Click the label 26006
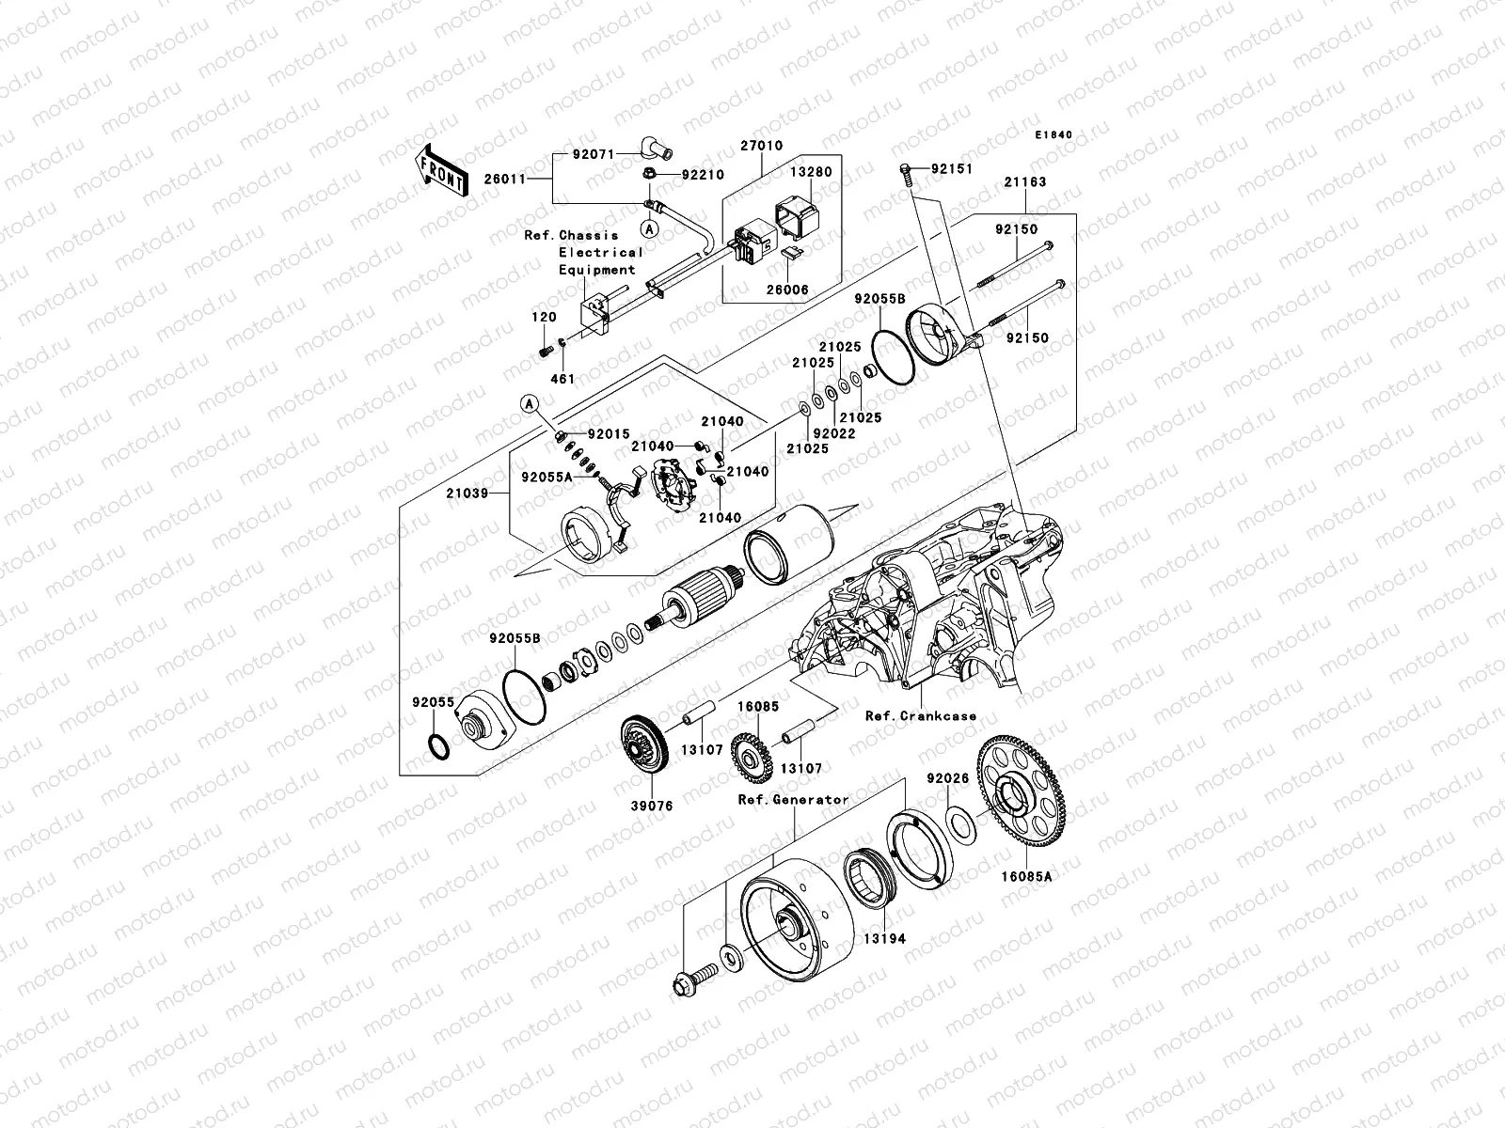coord(788,290)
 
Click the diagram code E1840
coord(1053,135)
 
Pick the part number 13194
coord(887,938)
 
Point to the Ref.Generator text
coord(793,800)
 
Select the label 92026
coord(946,779)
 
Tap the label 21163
coord(1023,182)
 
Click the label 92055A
coord(547,477)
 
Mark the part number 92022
coord(834,434)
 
